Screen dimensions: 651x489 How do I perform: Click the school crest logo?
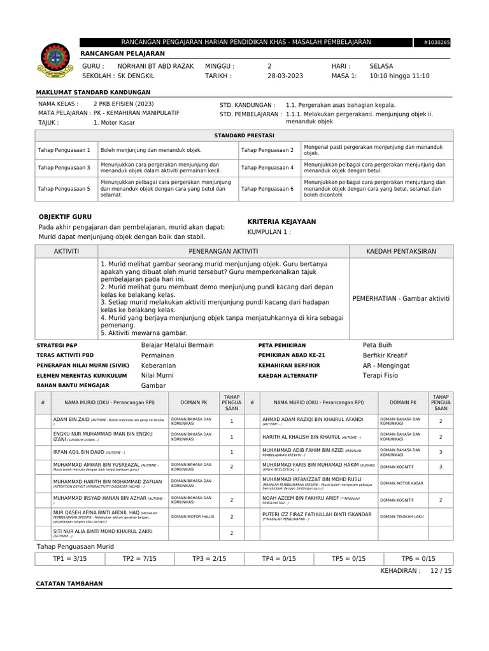tap(56, 62)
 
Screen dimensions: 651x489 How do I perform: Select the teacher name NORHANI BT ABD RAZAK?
tap(155, 66)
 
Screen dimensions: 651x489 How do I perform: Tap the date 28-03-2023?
tap(285, 76)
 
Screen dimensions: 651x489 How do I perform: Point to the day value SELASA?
tap(381, 66)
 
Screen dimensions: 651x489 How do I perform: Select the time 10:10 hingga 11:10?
tap(399, 76)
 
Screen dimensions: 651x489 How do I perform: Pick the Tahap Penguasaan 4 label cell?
tap(267, 168)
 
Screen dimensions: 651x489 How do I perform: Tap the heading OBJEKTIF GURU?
tap(66, 217)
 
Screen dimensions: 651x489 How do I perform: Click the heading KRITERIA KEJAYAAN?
tap(281, 221)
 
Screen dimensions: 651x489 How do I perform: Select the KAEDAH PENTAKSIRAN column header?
tap(401, 251)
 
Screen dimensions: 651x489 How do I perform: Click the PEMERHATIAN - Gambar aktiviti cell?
tap(401, 298)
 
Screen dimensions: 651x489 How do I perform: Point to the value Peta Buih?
tap(378, 345)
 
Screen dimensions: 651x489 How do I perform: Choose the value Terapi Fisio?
tap(380, 376)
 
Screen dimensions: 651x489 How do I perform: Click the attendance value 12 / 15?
tap(441, 571)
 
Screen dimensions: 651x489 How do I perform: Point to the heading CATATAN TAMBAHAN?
tap(69, 584)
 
